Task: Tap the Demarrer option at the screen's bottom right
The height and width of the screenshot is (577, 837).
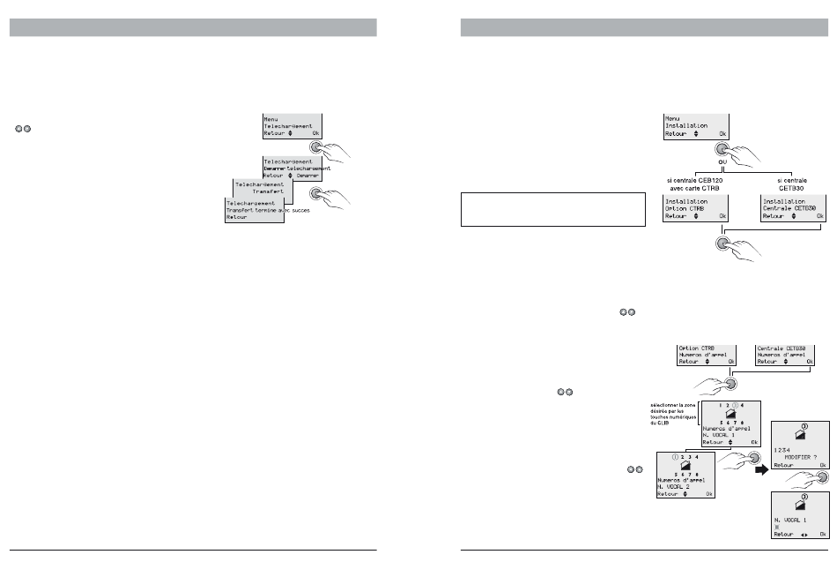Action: [x=307, y=176]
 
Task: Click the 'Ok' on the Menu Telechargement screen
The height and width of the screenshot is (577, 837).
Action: [x=315, y=135]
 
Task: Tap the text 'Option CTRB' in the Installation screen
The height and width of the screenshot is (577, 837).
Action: [x=687, y=207]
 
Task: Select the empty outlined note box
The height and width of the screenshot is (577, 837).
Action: [x=553, y=210]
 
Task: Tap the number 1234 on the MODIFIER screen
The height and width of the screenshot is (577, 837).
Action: [x=781, y=448]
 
